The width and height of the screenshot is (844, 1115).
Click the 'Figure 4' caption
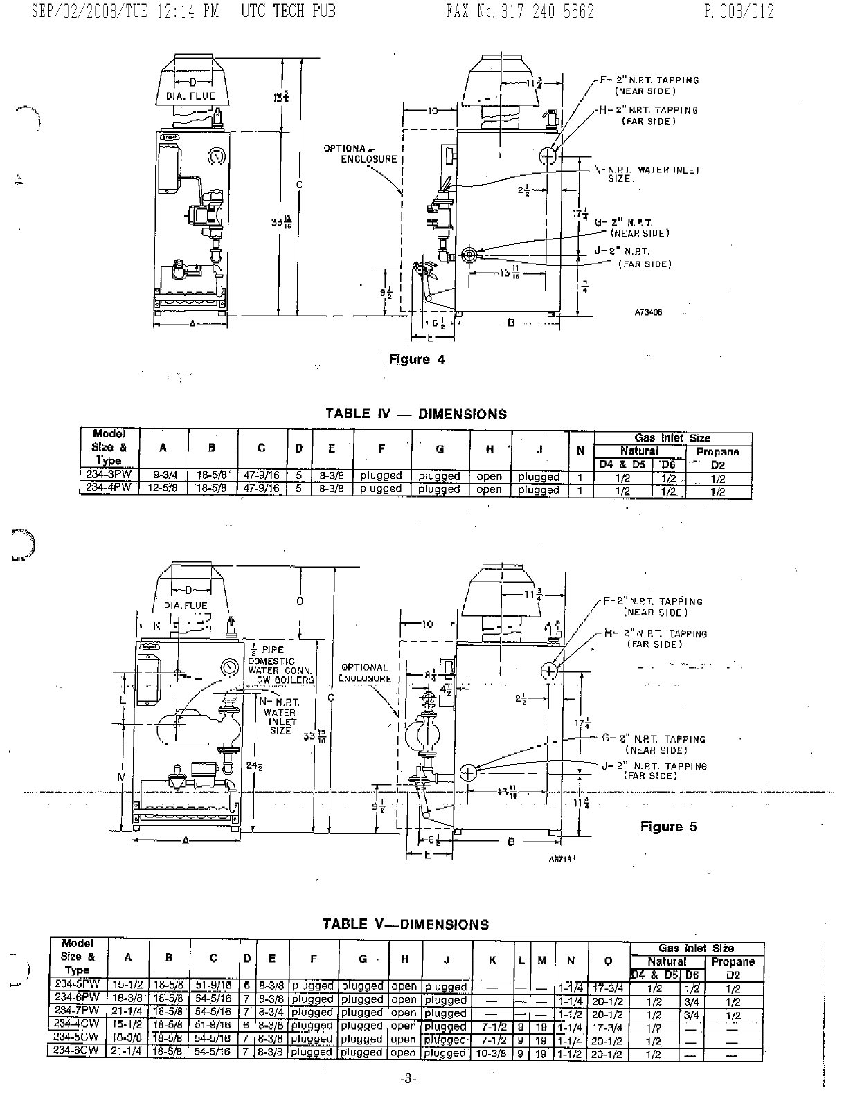click(x=417, y=359)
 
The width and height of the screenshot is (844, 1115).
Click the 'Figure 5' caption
click(x=668, y=826)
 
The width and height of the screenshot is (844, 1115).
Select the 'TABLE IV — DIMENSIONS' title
click(x=416, y=414)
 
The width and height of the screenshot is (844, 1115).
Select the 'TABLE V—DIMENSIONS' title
click(x=406, y=924)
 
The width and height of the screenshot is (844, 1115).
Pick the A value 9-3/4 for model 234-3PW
click(x=163, y=475)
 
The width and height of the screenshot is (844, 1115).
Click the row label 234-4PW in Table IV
click(x=109, y=488)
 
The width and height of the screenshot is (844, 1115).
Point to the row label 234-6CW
click(x=77, y=1050)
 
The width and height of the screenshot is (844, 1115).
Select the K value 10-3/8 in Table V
click(x=492, y=1053)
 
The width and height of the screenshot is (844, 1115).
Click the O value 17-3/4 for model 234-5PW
click(x=608, y=988)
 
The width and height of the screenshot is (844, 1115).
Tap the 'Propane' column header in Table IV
click(x=718, y=451)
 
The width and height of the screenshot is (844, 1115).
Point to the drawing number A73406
click(x=648, y=312)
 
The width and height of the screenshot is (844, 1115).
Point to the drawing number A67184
click(x=562, y=859)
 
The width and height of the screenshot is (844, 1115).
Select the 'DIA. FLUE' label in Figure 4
click(x=190, y=96)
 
